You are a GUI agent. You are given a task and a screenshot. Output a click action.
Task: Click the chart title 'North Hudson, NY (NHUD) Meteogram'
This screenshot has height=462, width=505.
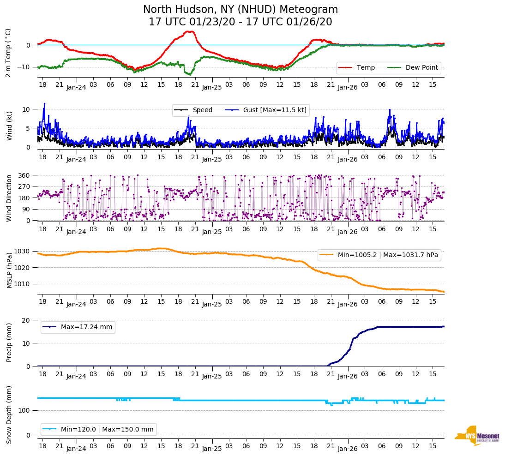(x=240, y=10)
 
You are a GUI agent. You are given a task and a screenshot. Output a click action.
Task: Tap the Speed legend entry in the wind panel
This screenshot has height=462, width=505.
(x=202, y=110)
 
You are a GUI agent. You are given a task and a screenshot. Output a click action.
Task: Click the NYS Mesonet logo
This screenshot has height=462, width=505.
(x=477, y=436)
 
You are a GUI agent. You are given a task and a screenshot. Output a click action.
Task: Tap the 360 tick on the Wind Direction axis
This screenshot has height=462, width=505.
(x=24, y=175)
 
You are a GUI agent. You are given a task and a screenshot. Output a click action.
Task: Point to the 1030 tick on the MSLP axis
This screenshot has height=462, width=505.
(x=24, y=252)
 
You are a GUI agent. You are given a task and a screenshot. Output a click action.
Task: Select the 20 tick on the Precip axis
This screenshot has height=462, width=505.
(x=26, y=320)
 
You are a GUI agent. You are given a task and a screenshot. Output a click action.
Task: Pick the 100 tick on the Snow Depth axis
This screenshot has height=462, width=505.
(x=24, y=410)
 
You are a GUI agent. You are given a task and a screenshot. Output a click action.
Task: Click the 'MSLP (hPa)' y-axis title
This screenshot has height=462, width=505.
(x=9, y=270)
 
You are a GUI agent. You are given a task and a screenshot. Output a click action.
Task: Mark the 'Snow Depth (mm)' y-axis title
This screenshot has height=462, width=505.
(x=9, y=414)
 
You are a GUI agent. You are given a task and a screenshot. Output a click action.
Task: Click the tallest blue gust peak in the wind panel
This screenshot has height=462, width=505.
(x=44, y=103)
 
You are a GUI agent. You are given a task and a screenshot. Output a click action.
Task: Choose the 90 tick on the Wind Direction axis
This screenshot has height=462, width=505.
(x=26, y=209)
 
